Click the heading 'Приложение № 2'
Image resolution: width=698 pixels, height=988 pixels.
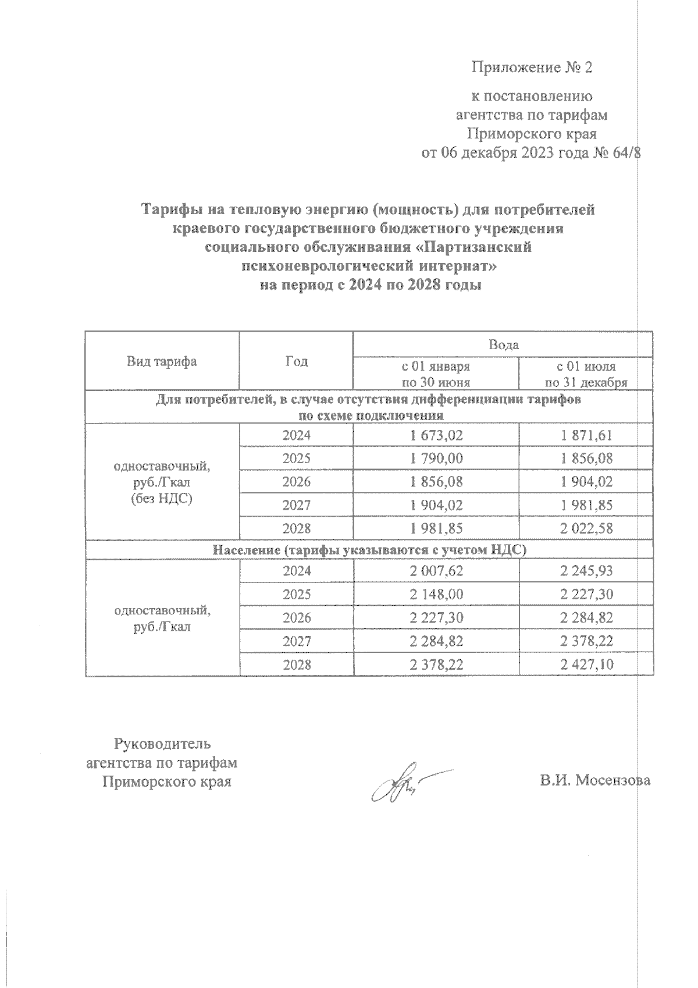[x=531, y=67]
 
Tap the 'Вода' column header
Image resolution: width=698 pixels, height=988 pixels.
[x=503, y=345]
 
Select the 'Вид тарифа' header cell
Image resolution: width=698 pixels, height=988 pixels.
[x=162, y=361]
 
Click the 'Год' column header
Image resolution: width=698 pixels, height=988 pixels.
[x=297, y=361]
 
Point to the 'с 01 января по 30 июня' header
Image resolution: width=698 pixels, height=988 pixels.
[x=436, y=375]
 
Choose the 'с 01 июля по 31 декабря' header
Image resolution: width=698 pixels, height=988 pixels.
[x=586, y=375]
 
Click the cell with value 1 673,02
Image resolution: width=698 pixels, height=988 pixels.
[x=436, y=435]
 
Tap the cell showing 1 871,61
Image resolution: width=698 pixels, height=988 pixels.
[x=586, y=435]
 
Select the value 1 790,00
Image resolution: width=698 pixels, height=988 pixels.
[x=436, y=459]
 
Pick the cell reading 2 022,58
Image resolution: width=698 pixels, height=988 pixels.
[x=586, y=528]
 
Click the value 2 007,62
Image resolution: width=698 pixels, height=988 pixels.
[x=436, y=571]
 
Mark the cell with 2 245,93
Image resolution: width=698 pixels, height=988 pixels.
[x=586, y=571]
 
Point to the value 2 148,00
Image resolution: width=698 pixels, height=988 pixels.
[x=436, y=595]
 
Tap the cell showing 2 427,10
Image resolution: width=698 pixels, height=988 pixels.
[x=586, y=664]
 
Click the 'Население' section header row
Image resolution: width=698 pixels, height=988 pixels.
[x=369, y=550]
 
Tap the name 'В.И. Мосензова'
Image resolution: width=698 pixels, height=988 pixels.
[x=594, y=781]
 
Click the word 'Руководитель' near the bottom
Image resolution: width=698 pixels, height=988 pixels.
[x=163, y=744]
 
